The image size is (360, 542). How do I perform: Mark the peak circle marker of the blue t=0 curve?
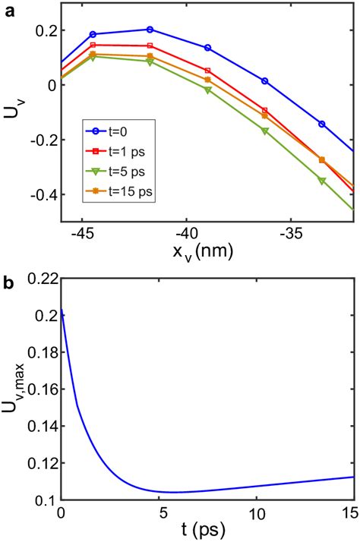[150, 30]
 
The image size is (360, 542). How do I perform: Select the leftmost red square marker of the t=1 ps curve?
[93, 45]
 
